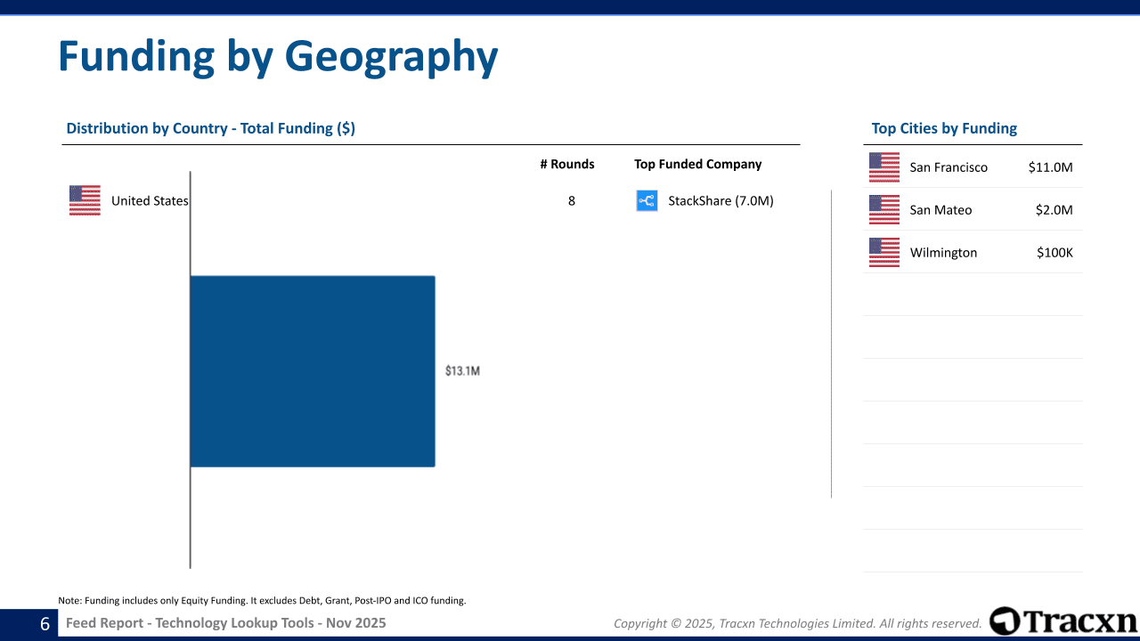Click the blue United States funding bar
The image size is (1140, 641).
313,371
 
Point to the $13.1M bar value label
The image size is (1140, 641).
462,371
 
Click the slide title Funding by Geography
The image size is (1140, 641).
277,56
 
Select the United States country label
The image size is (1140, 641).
150,201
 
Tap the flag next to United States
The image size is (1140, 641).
85,200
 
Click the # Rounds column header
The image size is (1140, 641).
566,164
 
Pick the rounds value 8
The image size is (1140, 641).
572,201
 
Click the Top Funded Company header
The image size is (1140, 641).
697,164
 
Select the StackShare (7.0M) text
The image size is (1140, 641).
721,201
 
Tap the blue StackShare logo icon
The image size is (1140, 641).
647,201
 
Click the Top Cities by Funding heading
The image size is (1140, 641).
944,128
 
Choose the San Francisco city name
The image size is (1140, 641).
949,167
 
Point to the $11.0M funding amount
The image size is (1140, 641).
1050,167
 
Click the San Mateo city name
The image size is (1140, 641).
940,210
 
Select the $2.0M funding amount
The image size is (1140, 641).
1054,210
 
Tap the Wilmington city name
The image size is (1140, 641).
943,253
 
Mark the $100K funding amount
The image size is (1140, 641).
1054,253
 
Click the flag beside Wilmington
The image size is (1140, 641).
884,253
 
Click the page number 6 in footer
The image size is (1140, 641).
45,624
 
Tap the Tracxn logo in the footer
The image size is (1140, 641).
1063,621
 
